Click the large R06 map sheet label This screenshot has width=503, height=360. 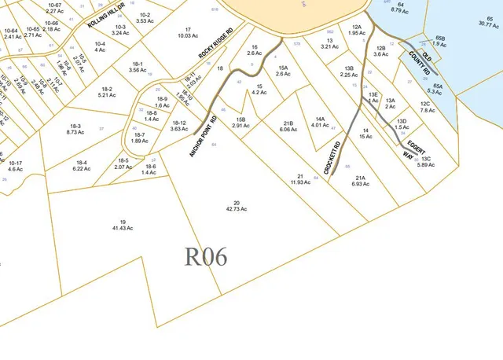coord(206,257)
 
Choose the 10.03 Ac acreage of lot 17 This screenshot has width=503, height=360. coord(187,35)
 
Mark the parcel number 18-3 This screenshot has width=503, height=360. coord(75,126)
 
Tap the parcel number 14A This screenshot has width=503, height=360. coord(319,119)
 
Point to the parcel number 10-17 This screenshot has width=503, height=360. coord(15,163)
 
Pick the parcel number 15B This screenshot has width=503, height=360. coord(240,119)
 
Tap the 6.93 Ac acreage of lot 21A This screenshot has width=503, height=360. coord(362,183)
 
